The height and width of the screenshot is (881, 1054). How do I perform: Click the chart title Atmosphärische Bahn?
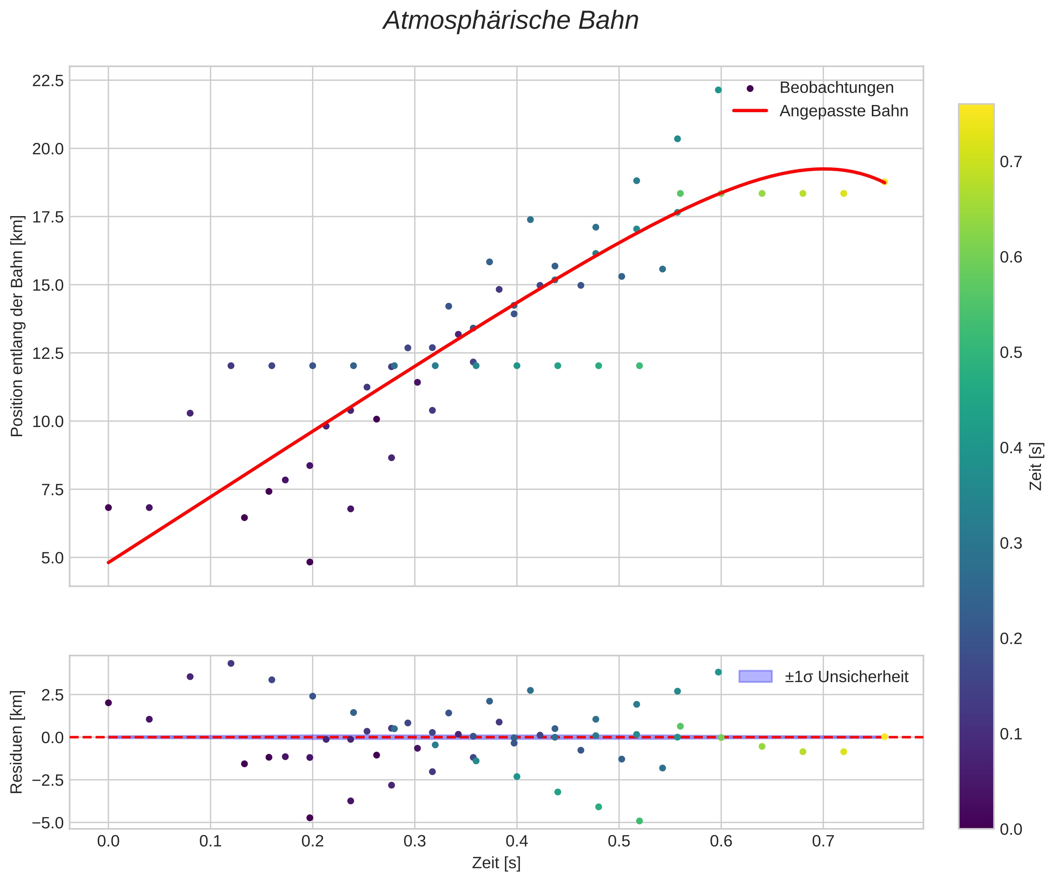pyautogui.click(x=510, y=21)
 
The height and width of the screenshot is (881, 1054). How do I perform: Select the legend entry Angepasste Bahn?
pyautogui.click(x=843, y=111)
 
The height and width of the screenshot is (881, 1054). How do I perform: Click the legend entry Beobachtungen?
pyautogui.click(x=836, y=88)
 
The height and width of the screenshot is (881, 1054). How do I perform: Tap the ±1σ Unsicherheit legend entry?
pyautogui.click(x=846, y=677)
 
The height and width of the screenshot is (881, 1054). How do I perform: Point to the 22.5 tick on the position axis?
pyautogui.click(x=48, y=80)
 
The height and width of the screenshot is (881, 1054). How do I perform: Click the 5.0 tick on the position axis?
pyautogui.click(x=53, y=557)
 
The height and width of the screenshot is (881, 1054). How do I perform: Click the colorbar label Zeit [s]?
pyautogui.click(x=1036, y=466)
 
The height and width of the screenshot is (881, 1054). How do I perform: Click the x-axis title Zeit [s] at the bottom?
pyautogui.click(x=496, y=863)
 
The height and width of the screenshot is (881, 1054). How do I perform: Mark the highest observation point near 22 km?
pyautogui.click(x=718, y=90)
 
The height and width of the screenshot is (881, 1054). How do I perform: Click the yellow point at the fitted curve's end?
pyautogui.click(x=884, y=182)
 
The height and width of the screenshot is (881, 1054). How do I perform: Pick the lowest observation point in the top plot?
pyautogui.click(x=310, y=562)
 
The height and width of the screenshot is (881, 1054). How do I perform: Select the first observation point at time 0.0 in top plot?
pyautogui.click(x=108, y=508)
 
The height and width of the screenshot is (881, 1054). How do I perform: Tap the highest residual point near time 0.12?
pyautogui.click(x=231, y=663)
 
